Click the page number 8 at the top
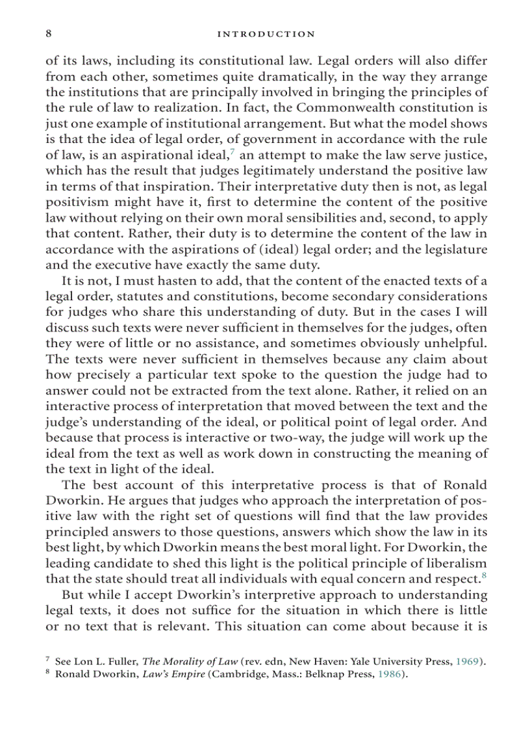point(49,34)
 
